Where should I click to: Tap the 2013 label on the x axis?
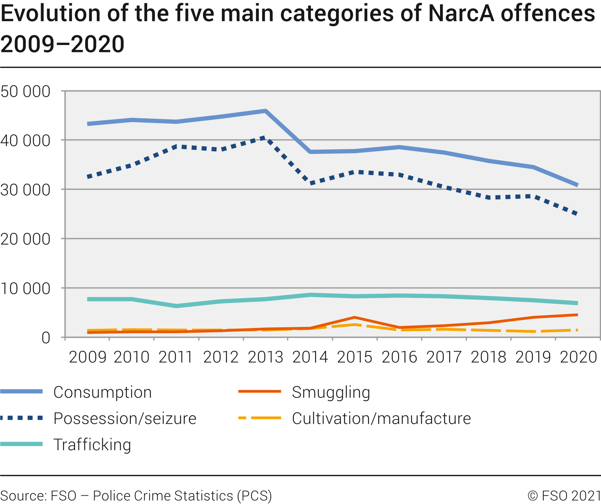click(265, 357)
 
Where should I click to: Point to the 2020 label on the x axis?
click(578, 357)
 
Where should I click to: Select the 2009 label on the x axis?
click(87, 357)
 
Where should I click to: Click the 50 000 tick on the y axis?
click(25, 91)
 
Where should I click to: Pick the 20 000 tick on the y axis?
click(25, 239)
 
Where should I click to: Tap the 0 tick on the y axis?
click(46, 338)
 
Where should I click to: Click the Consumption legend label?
click(103, 392)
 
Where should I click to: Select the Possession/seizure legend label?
click(125, 418)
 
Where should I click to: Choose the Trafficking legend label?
click(92, 445)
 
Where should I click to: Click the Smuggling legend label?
click(331, 392)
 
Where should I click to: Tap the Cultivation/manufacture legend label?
click(381, 418)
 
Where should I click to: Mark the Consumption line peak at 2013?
click(265, 111)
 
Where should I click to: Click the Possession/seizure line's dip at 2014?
click(311, 183)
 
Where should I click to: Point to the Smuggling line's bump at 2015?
click(355, 317)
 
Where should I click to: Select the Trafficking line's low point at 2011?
click(177, 306)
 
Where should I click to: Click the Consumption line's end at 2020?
click(577, 185)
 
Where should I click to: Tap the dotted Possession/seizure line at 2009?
click(88, 177)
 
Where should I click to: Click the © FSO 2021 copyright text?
click(564, 495)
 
